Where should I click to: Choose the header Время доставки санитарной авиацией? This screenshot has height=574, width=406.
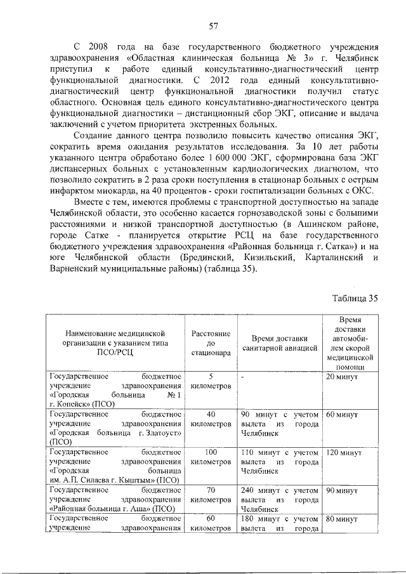[279, 342]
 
